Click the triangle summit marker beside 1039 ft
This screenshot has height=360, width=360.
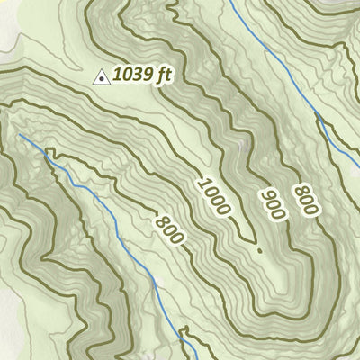tap(103, 79)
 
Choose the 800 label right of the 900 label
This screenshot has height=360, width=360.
tap(306, 200)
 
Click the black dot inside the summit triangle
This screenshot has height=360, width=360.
tap(103, 80)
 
